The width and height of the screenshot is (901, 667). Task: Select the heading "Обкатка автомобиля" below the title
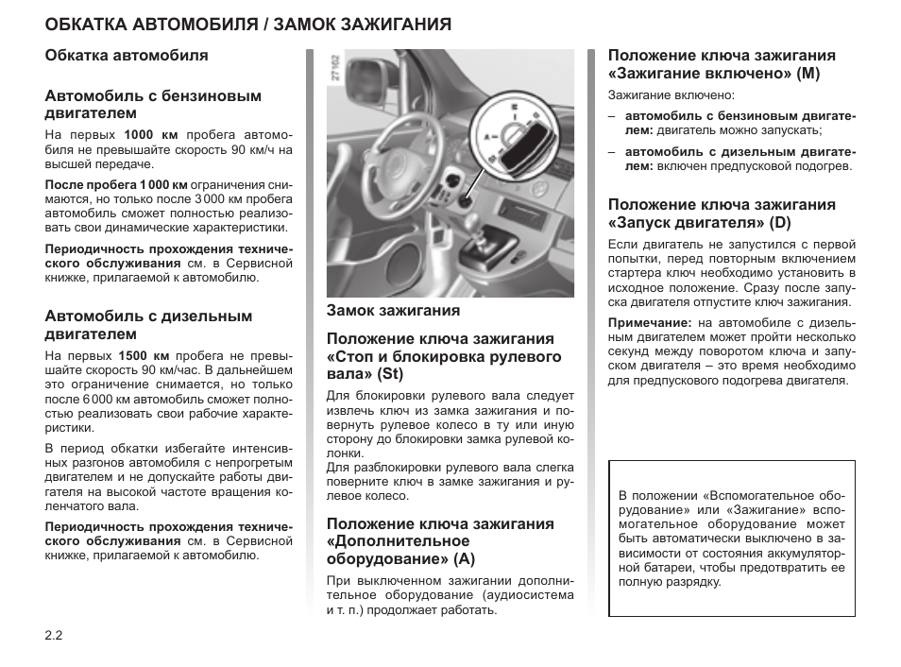tap(127, 56)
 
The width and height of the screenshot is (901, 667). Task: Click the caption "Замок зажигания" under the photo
tap(393, 310)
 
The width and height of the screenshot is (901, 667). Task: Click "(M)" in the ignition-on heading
tap(808, 73)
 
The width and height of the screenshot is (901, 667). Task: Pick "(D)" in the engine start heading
tap(779, 222)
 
